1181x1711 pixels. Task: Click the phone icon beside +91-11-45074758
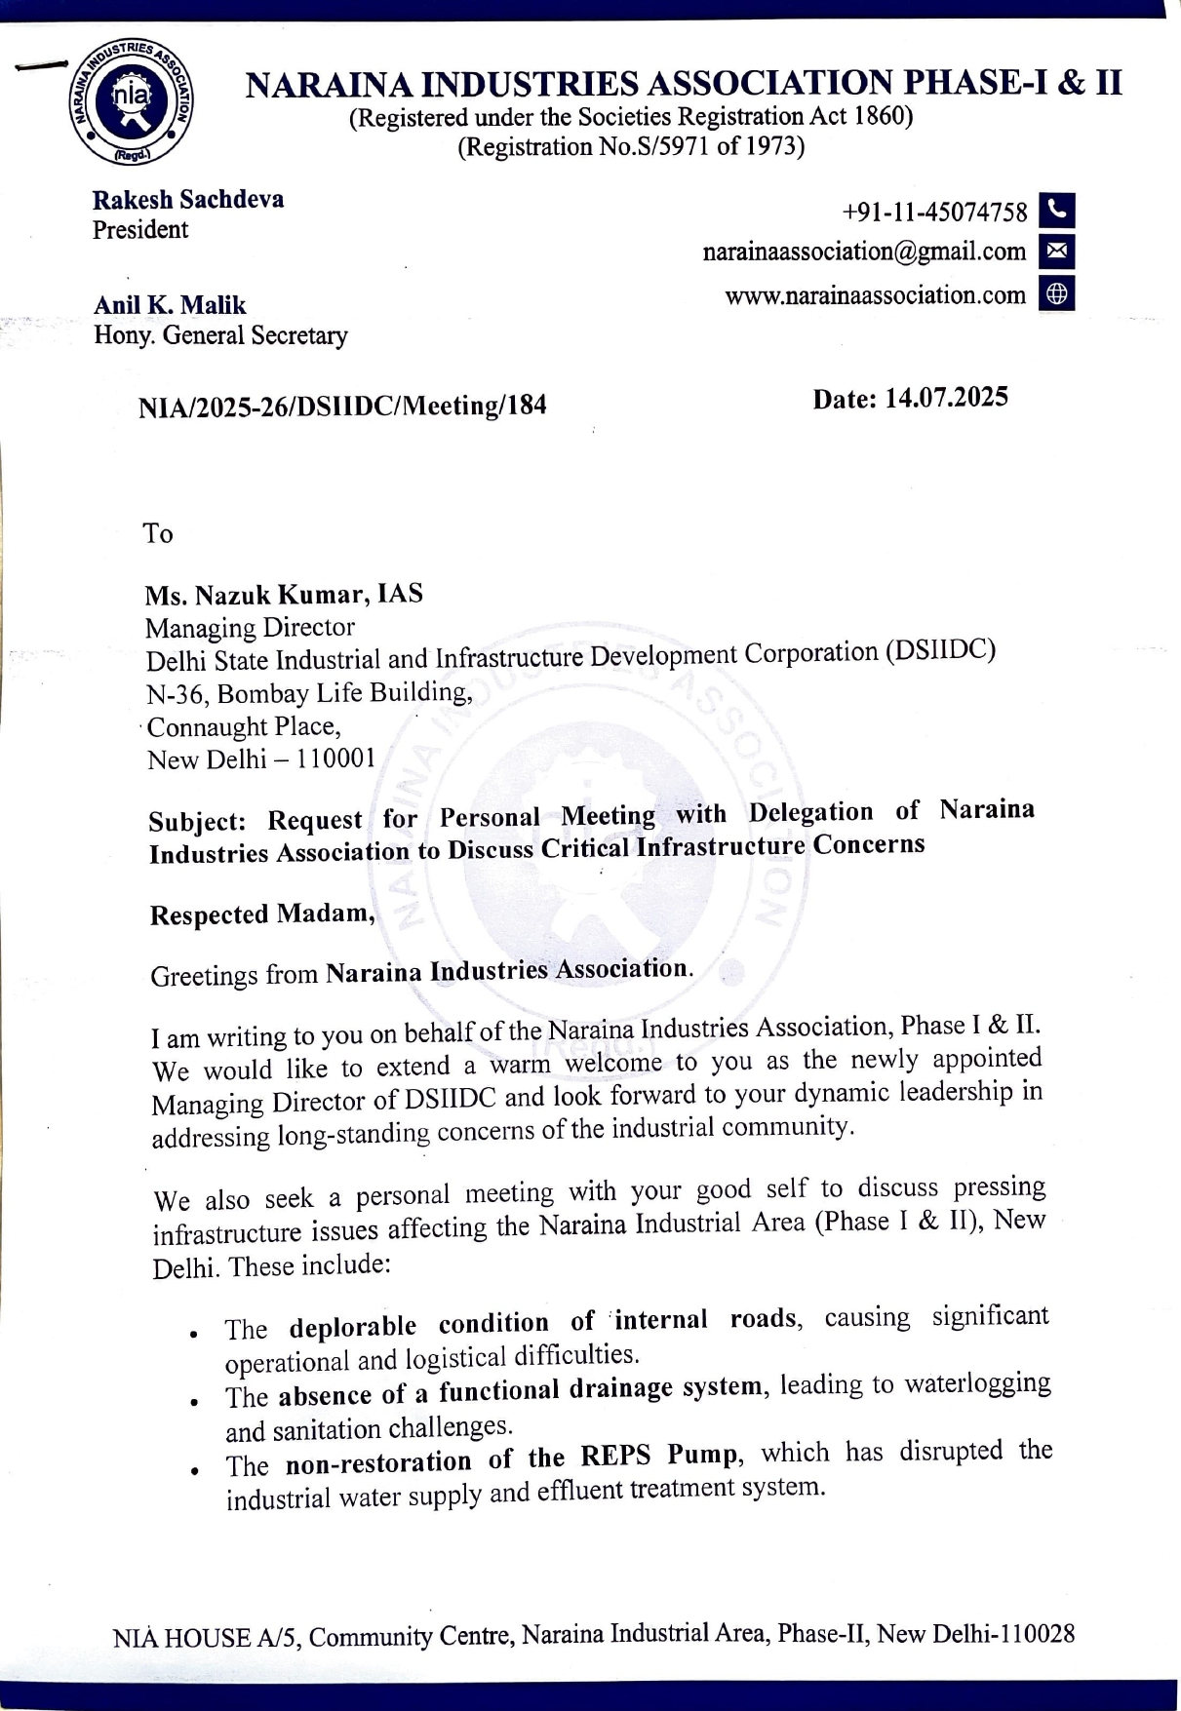click(1057, 211)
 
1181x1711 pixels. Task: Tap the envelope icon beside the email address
click(1057, 252)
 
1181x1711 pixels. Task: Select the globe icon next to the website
click(1057, 293)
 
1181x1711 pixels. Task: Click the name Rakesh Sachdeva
click(188, 200)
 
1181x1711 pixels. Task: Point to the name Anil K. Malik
click(170, 305)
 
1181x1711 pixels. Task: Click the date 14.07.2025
click(945, 398)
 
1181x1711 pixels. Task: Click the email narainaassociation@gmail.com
click(864, 252)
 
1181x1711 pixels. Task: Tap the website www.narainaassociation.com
click(875, 295)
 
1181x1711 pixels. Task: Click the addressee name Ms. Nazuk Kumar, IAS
click(284, 595)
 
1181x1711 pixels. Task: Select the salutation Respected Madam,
click(262, 914)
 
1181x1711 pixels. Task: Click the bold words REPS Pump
click(660, 1457)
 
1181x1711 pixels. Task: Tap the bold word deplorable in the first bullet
click(353, 1327)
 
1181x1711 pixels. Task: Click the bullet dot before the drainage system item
click(196, 1402)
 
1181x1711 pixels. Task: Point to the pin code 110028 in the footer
click(1034, 1634)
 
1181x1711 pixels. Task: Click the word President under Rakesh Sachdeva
click(140, 230)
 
